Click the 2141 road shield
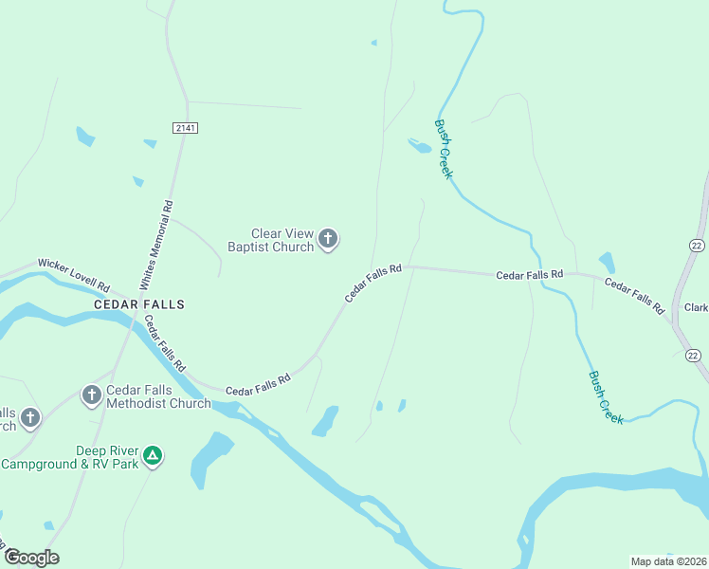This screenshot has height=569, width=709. pyautogui.click(x=185, y=128)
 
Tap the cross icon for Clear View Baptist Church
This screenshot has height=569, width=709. pyautogui.click(x=328, y=239)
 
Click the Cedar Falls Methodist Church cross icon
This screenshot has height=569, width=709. pyautogui.click(x=92, y=395)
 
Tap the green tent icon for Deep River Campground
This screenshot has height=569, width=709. pyautogui.click(x=153, y=456)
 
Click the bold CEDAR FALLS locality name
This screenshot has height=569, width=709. pyautogui.click(x=139, y=304)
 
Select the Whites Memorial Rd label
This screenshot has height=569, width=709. pyautogui.click(x=155, y=245)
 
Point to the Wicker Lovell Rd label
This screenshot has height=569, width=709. pyautogui.click(x=74, y=275)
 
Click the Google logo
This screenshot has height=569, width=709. pyautogui.click(x=31, y=558)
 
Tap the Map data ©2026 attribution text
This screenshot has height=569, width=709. pyautogui.click(x=667, y=561)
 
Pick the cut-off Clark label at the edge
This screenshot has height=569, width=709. pyautogui.click(x=697, y=308)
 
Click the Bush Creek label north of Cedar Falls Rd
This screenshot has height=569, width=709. pyautogui.click(x=444, y=149)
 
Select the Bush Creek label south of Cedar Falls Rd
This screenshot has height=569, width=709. pyautogui.click(x=606, y=396)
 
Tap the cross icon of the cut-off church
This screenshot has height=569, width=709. pyautogui.click(x=30, y=417)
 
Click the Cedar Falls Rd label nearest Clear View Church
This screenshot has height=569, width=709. pyautogui.click(x=373, y=284)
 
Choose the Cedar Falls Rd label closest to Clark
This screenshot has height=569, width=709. pyautogui.click(x=634, y=297)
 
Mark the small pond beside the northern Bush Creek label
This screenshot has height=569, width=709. pyautogui.click(x=418, y=146)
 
